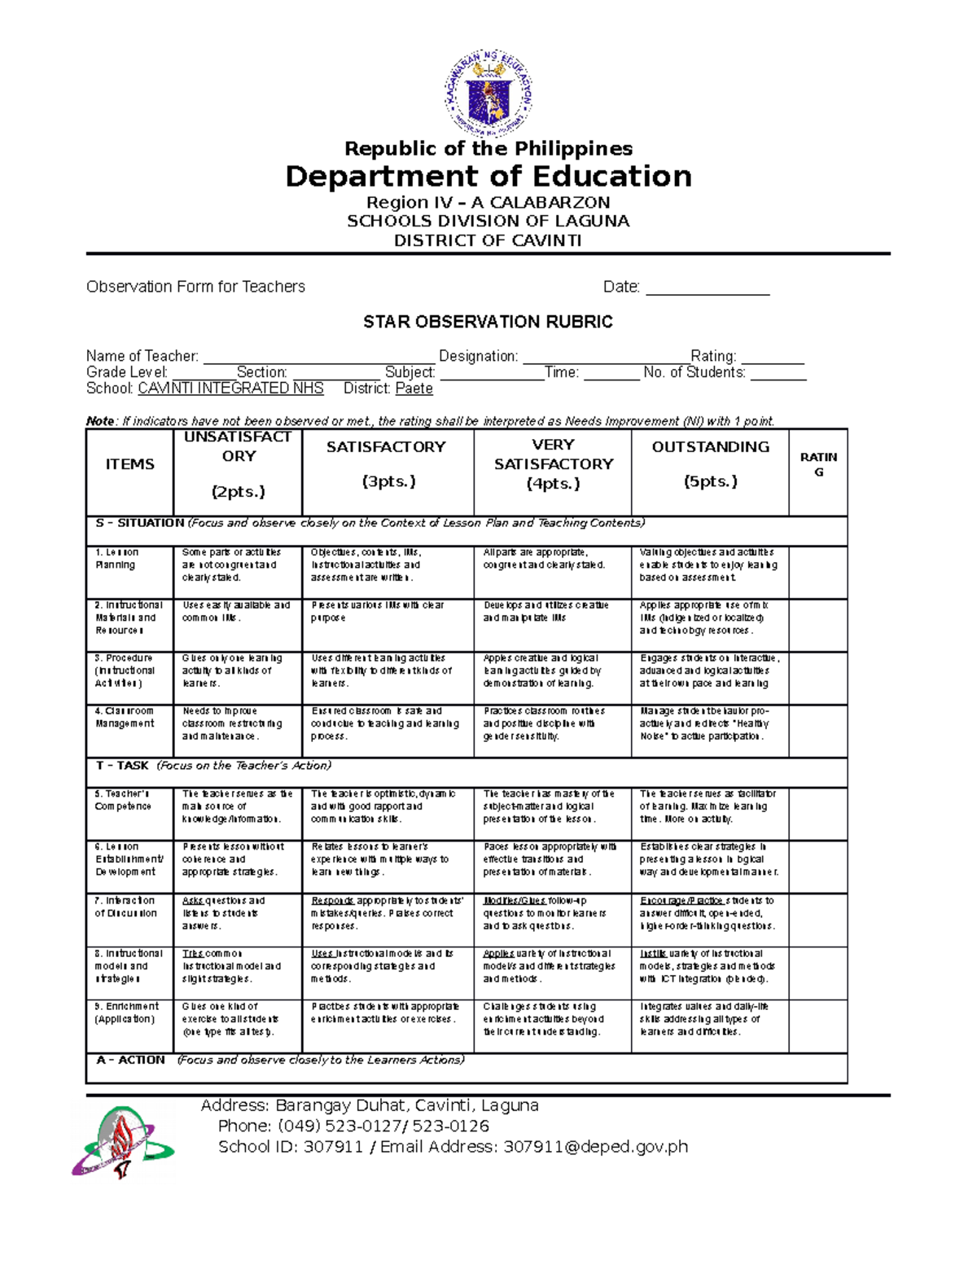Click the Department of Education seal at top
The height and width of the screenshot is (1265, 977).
pyautogui.click(x=488, y=94)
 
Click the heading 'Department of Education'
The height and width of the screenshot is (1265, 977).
pyautogui.click(x=488, y=176)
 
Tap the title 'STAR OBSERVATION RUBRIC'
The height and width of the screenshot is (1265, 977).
pyautogui.click(x=488, y=322)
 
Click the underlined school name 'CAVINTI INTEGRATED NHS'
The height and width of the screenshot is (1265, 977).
pyautogui.click(x=230, y=389)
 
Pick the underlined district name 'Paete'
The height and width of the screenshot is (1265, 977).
pyautogui.click(x=414, y=389)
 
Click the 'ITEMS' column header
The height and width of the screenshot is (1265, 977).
pyautogui.click(x=129, y=464)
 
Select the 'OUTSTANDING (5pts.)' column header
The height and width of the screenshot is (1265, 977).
pyautogui.click(x=710, y=464)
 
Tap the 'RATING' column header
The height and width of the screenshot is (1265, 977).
pyautogui.click(x=818, y=464)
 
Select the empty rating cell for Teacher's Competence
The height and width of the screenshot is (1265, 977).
pyautogui.click(x=818, y=813)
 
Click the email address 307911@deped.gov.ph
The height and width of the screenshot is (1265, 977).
pyautogui.click(x=595, y=1147)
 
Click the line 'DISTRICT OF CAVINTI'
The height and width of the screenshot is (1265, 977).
pyautogui.click(x=488, y=240)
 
